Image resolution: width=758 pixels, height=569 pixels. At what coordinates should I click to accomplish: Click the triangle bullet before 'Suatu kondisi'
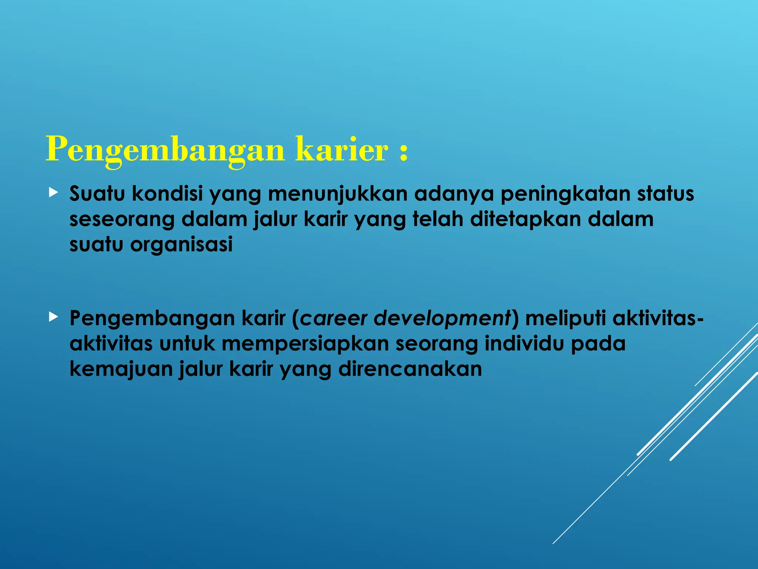54,192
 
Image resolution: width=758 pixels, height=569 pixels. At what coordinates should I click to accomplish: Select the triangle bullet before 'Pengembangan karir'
54,316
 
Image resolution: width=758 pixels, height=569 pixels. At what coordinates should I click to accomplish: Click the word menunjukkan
338,194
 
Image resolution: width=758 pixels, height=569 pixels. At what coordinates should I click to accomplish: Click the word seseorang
122,219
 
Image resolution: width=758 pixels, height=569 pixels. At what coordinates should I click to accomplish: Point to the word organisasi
181,244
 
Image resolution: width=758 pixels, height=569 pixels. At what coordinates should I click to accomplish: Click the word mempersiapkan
305,344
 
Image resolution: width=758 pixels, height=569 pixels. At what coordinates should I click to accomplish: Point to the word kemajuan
121,369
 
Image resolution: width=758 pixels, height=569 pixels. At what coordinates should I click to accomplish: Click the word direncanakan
410,369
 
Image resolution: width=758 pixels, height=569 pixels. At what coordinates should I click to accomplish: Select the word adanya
454,194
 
